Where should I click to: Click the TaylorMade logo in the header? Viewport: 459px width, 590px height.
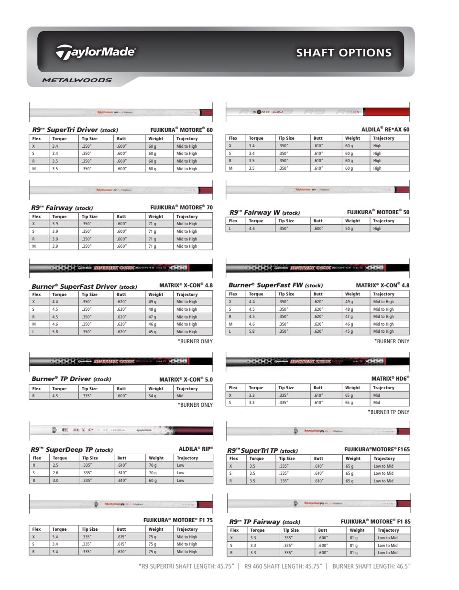[96, 52]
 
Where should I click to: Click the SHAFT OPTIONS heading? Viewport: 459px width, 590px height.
[343, 53]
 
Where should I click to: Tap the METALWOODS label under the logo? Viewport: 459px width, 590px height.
[76, 80]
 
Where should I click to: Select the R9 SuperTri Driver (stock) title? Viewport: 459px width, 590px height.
[75, 130]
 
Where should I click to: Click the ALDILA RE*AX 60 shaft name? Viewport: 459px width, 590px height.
[385, 129]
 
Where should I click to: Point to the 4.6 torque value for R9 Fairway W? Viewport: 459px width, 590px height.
[252, 229]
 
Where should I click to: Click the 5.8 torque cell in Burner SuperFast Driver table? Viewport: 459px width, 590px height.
[55, 332]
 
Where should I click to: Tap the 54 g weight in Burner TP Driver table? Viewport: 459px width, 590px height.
[152, 396]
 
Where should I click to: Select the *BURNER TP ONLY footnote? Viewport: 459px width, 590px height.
[388, 412]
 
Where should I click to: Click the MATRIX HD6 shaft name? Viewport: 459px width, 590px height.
[390, 379]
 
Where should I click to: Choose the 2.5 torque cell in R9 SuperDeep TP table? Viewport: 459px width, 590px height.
[55, 465]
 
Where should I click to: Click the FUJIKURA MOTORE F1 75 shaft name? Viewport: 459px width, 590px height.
[178, 520]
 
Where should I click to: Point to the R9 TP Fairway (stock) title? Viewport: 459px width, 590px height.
[265, 522]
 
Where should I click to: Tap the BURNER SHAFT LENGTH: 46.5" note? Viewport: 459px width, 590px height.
[372, 566]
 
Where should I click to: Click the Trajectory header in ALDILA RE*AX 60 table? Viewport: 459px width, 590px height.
[383, 138]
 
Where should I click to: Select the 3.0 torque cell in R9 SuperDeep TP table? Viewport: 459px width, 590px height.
[55, 481]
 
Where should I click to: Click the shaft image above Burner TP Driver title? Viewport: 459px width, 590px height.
[121, 361]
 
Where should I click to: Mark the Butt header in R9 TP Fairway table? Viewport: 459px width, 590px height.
[323, 530]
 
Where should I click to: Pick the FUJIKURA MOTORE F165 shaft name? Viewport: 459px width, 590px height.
[377, 449]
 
